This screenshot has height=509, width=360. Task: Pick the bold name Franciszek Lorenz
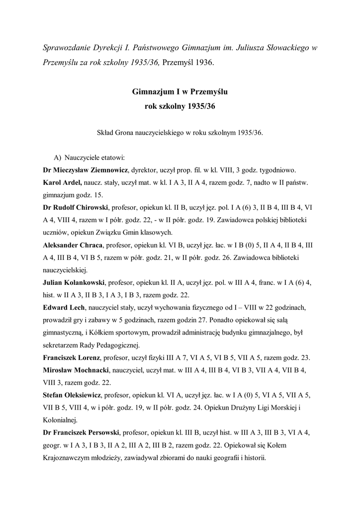(x=72, y=358)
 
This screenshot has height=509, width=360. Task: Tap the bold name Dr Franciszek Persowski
(x=81, y=434)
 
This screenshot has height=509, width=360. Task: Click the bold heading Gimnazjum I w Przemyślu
(x=180, y=92)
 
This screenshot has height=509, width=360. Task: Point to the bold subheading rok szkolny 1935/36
(x=180, y=106)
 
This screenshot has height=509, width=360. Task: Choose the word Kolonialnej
(x=63, y=422)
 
